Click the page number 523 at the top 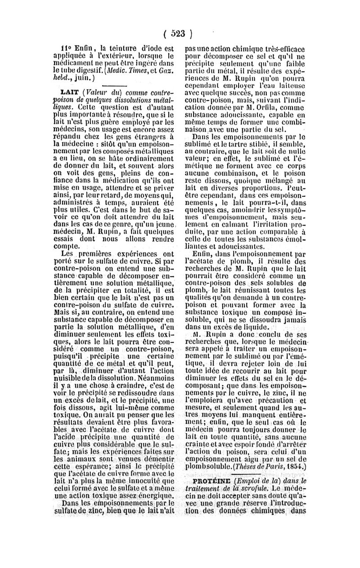[179, 33]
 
